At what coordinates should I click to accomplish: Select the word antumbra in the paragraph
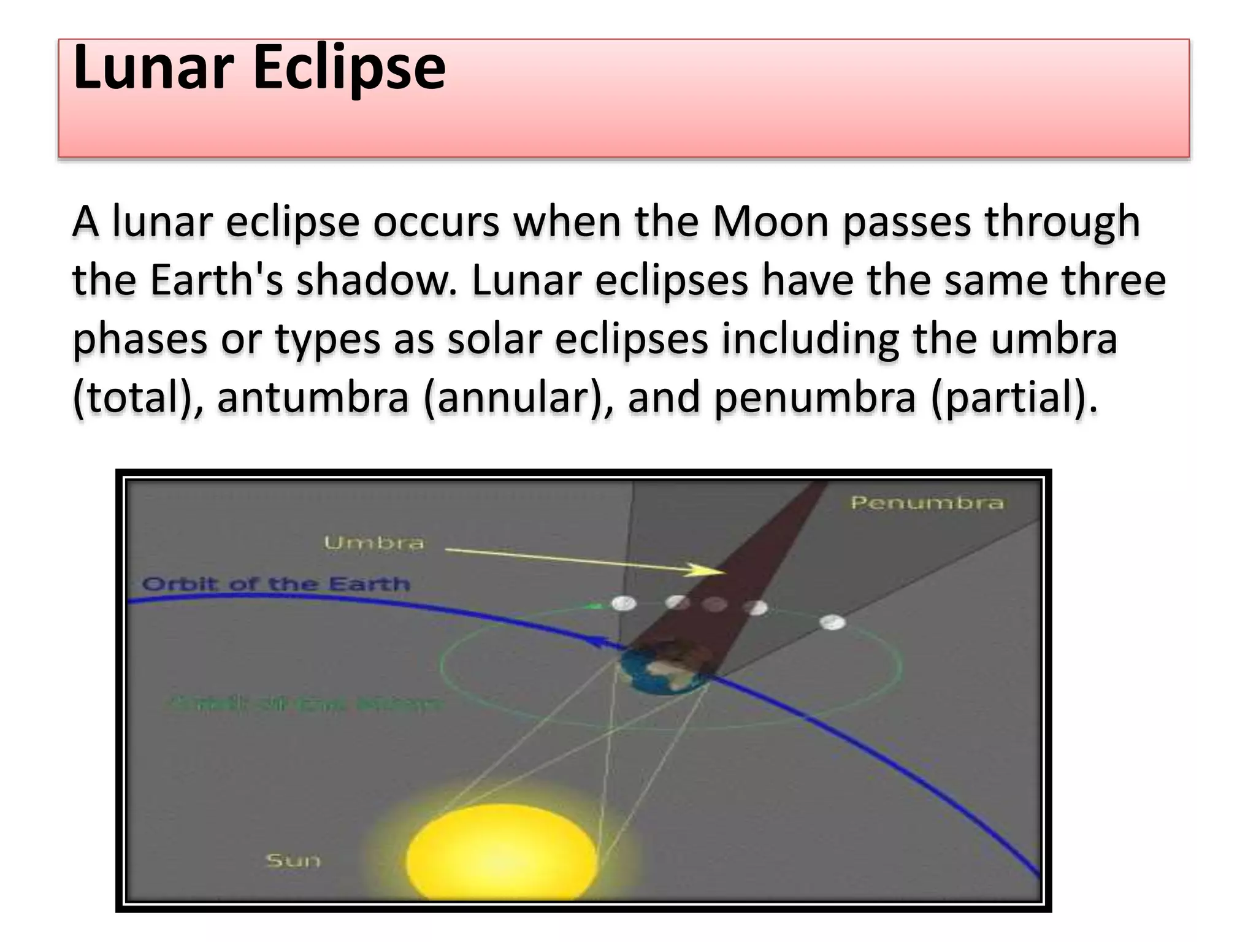click(x=313, y=397)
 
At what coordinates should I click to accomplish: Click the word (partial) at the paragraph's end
click(x=1012, y=397)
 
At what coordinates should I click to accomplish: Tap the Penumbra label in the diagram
click(x=927, y=503)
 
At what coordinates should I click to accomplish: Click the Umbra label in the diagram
click(x=373, y=543)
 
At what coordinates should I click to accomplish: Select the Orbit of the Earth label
click(x=275, y=584)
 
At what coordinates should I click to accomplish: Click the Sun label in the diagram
click(x=293, y=860)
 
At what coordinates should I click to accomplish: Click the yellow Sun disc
click(x=501, y=852)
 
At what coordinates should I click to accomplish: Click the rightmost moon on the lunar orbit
click(x=832, y=623)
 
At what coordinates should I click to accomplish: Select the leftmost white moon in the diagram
click(x=624, y=604)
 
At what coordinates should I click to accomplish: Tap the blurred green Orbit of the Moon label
click(x=304, y=703)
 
